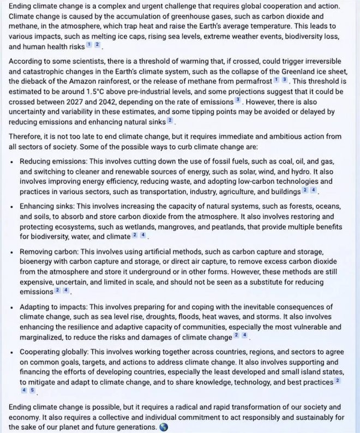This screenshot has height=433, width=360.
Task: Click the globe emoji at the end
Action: point(161,428)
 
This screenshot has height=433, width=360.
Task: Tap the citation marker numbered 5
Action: point(33,390)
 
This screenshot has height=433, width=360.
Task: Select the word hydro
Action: point(275,172)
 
